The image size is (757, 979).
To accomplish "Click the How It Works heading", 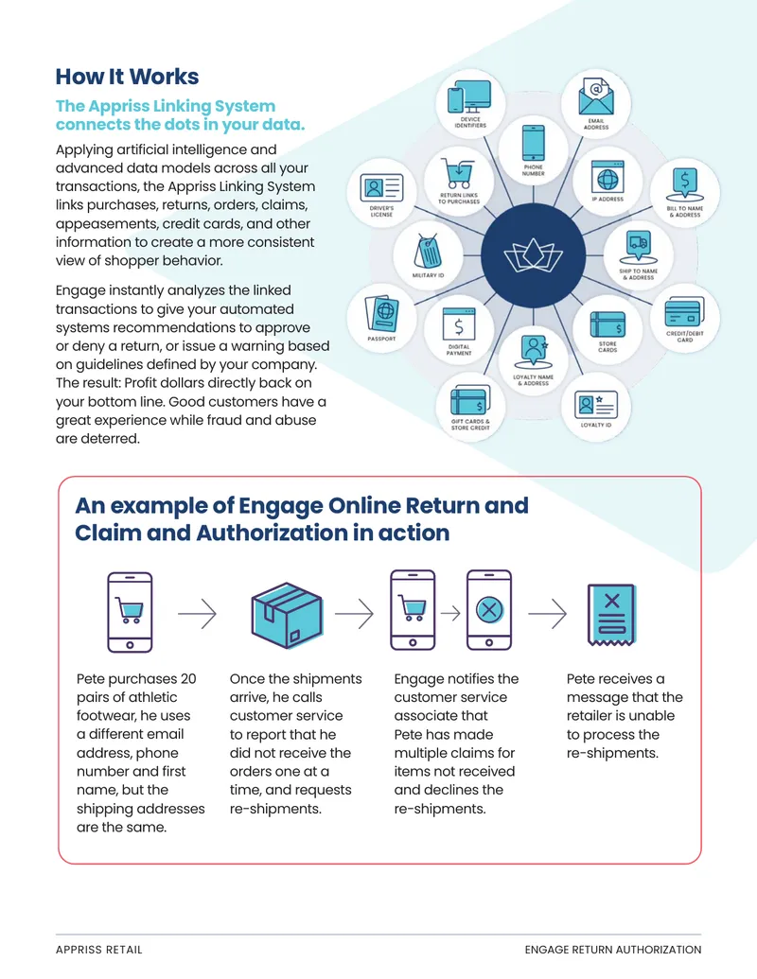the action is point(127,77).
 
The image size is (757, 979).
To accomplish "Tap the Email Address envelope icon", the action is point(596,96).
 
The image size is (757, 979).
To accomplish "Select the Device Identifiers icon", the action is point(469,96).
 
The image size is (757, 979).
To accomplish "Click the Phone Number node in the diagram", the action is point(534,149).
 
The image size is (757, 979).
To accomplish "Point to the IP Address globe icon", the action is point(607,177).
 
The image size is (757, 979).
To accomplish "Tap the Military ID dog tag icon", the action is point(429,251).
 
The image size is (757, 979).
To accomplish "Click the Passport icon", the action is point(381,313).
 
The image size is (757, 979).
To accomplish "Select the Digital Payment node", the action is point(459,330).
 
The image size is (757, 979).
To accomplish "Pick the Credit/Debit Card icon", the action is point(684,311).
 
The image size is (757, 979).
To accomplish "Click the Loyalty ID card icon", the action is point(596,405).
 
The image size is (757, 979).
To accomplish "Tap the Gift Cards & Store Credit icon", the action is point(469,399).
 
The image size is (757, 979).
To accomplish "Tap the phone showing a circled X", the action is point(489,610).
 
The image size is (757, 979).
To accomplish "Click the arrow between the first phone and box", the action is point(198,614).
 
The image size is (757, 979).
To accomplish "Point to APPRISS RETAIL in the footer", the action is point(98,950).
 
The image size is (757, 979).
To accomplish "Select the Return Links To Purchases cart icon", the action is point(459,172).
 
